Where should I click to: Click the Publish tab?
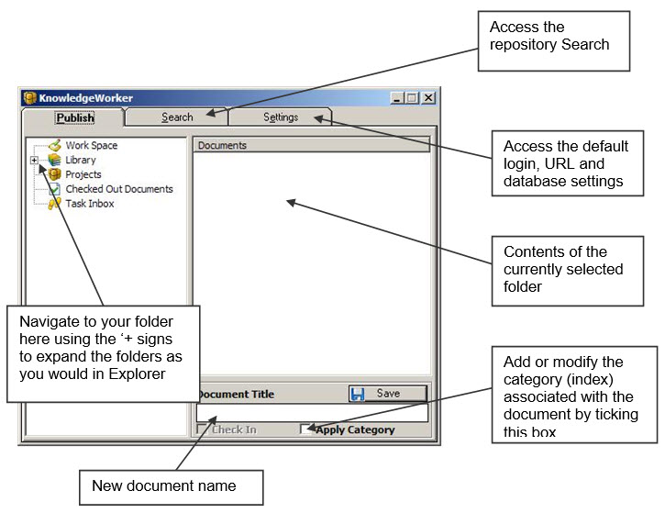[73, 117]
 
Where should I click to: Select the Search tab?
[177, 117]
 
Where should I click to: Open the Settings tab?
[281, 117]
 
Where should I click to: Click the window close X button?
[428, 98]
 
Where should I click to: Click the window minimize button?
[396, 98]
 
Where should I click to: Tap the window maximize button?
[412, 98]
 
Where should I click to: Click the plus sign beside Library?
[34, 160]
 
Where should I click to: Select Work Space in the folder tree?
[91, 146]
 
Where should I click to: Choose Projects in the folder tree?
[83, 174]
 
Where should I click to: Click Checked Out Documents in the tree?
[119, 189]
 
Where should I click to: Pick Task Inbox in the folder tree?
[90, 204]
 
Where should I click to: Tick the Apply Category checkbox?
[305, 429]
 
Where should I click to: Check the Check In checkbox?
[202, 429]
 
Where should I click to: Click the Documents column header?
[311, 145]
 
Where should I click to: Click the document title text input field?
[312, 412]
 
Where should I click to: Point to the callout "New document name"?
[171, 487]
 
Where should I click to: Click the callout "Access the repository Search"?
[553, 40]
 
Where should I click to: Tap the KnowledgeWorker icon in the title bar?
[29, 98]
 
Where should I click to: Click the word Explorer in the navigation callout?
[137, 374]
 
